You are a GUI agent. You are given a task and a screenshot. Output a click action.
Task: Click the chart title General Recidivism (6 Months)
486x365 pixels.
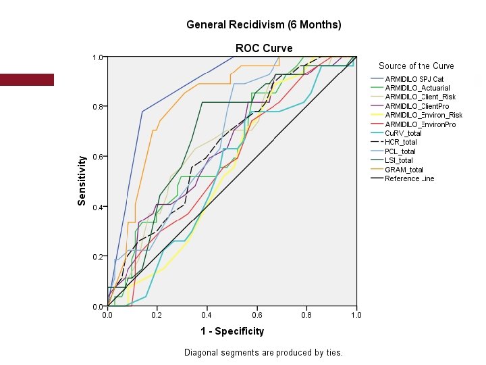click(x=264, y=25)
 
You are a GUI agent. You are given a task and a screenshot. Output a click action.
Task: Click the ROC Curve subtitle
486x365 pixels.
click(x=264, y=48)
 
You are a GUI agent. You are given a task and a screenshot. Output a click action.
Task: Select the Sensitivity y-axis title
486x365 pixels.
click(x=82, y=180)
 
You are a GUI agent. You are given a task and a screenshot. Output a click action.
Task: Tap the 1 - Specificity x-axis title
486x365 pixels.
click(x=232, y=331)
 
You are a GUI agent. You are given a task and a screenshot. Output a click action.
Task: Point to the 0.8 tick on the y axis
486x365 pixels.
click(x=98, y=107)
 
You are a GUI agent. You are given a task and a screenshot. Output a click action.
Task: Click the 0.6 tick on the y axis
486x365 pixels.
click(x=98, y=157)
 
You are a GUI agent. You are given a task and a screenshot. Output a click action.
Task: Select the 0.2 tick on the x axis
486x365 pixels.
click(x=157, y=314)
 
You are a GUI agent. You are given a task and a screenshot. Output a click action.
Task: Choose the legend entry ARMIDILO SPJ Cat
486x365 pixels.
click(x=414, y=79)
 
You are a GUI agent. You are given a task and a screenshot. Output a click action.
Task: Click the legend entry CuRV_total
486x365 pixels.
click(x=403, y=133)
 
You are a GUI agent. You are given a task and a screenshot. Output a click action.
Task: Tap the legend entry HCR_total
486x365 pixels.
click(x=401, y=142)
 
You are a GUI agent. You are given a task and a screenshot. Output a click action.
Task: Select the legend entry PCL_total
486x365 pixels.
click(x=400, y=151)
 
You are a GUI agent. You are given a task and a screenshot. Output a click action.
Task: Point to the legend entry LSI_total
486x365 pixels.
click(x=399, y=160)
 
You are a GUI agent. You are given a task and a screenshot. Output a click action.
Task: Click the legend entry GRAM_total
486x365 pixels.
click(x=404, y=170)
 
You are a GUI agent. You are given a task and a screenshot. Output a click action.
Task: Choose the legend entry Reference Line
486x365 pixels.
click(x=409, y=178)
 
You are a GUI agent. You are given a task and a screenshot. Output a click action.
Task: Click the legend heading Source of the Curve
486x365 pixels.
click(x=416, y=66)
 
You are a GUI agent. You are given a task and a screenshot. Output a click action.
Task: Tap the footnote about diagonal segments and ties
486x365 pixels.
click(x=263, y=352)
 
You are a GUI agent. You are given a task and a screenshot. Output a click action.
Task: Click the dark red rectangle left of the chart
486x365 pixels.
click(x=27, y=79)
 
